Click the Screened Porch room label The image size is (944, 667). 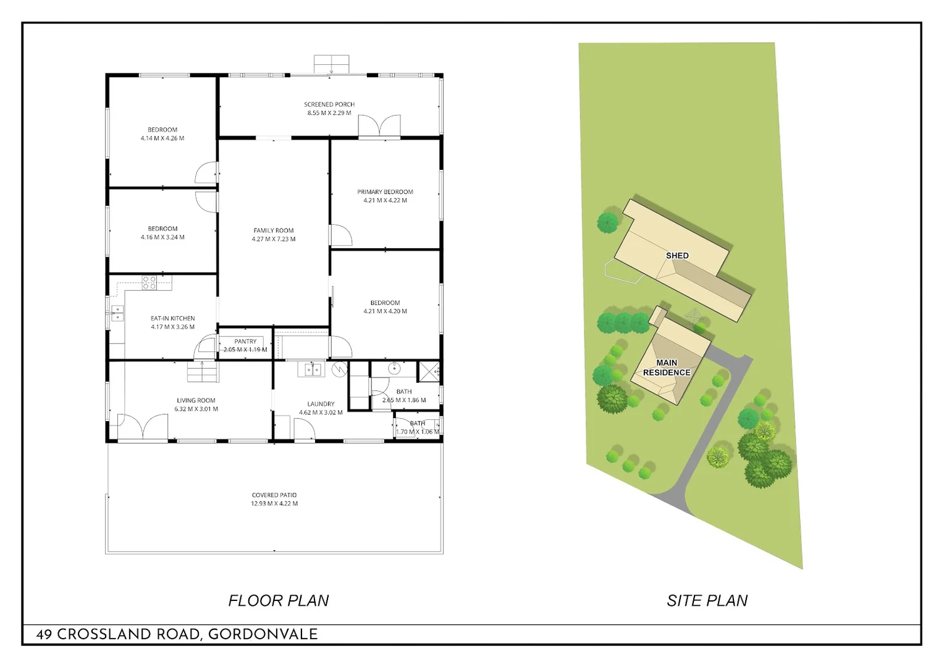[329, 104]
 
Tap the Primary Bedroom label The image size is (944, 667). [385, 192]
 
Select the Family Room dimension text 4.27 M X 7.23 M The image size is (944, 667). [273, 239]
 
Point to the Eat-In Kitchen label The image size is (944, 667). [172, 319]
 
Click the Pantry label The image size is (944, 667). [245, 342]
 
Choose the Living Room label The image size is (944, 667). [196, 401]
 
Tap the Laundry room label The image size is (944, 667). [321, 404]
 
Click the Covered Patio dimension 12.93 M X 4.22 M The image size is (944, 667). [274, 504]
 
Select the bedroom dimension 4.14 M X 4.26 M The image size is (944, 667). [162, 138]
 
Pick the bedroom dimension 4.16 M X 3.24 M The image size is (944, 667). [162, 237]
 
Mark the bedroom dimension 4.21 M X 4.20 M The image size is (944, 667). [385, 311]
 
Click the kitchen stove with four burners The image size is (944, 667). [150, 283]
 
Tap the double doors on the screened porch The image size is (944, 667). [379, 126]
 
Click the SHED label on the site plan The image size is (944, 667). [677, 256]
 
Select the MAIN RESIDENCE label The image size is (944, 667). [667, 367]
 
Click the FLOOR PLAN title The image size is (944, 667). [279, 600]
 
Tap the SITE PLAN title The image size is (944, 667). [707, 600]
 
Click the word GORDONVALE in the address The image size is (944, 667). [263, 634]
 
